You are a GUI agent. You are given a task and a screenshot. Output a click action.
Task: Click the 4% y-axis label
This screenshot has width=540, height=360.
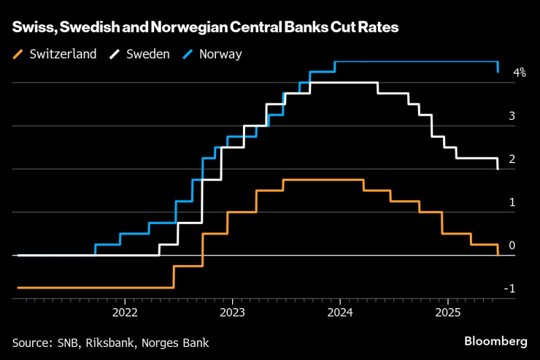click(x=520, y=72)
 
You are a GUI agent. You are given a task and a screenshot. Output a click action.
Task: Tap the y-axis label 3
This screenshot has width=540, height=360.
click(x=512, y=115)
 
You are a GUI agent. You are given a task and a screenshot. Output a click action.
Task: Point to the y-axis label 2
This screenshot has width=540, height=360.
click(x=512, y=158)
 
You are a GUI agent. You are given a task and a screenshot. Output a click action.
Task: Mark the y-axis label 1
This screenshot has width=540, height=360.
click(x=512, y=202)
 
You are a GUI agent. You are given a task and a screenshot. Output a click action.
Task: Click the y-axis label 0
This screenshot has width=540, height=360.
click(x=512, y=245)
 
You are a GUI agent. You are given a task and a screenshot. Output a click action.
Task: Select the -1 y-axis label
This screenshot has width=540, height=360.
click(x=511, y=288)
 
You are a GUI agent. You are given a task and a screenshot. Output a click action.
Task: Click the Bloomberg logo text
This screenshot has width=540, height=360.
click(x=495, y=341)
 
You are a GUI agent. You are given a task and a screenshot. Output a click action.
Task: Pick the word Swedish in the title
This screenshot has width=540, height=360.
click(x=87, y=28)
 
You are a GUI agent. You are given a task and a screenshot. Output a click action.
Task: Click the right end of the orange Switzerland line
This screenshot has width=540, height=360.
click(x=498, y=255)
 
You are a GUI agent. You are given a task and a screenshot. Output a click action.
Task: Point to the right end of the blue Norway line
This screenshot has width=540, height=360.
click(x=498, y=72)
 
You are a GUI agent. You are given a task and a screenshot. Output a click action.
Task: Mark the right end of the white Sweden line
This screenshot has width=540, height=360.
click(x=498, y=169)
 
